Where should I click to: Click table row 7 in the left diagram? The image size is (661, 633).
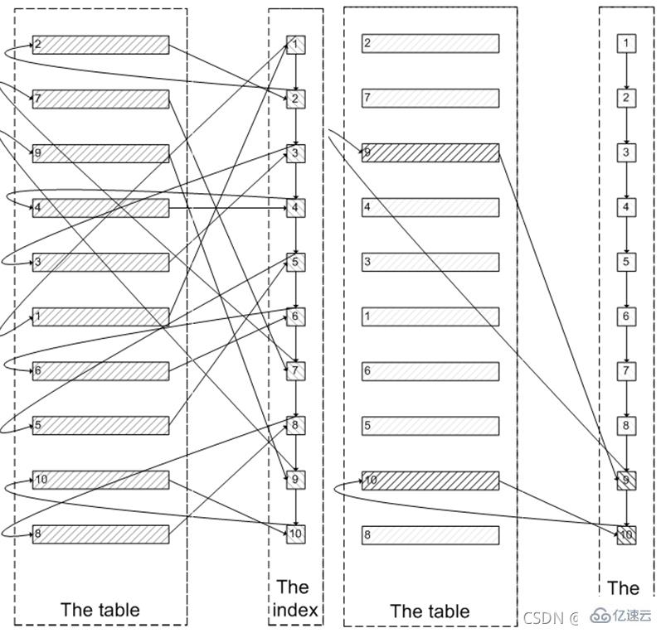[x=100, y=99]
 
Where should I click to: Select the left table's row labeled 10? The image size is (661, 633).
[x=100, y=480]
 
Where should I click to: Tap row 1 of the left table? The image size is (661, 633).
[x=100, y=316]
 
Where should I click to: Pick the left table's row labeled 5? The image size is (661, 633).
[x=100, y=426]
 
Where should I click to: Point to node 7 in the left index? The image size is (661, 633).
[x=296, y=371]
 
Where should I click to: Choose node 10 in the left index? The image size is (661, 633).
[x=296, y=534]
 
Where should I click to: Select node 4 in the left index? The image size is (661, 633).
[x=296, y=208]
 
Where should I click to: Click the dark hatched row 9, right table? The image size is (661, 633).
[x=430, y=153]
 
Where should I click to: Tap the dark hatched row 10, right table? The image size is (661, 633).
[x=430, y=481]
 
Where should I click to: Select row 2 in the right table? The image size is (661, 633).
[x=430, y=43]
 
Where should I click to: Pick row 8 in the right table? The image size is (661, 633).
[x=430, y=535]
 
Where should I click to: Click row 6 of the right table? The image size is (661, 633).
[x=430, y=371]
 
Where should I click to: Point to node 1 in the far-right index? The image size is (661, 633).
[x=626, y=43]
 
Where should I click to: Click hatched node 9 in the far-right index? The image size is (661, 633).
[x=626, y=481]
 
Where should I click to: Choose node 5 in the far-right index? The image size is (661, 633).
[x=626, y=262]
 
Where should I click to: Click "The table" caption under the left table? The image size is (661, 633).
[x=100, y=610]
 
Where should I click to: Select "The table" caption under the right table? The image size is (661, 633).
[x=430, y=611]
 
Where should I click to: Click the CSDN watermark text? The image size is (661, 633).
[x=546, y=617]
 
